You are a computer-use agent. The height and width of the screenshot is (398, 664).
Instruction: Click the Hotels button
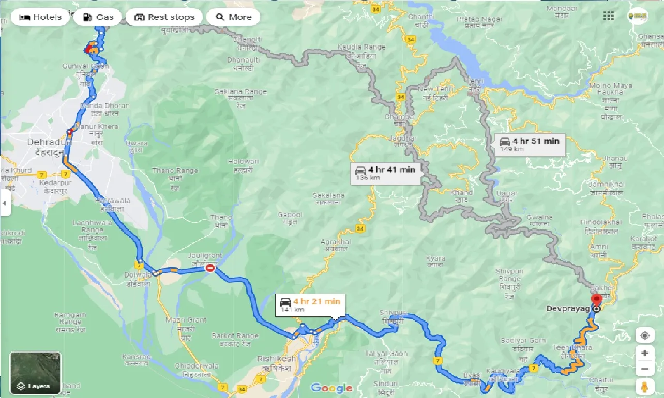40,17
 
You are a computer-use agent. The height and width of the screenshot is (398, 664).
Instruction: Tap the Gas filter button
97,17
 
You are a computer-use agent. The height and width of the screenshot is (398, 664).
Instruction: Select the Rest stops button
164,17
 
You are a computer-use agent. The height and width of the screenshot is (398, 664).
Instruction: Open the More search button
233,17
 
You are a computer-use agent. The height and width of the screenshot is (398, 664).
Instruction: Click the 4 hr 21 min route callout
309,305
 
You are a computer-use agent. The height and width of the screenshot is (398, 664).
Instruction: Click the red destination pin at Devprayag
597,300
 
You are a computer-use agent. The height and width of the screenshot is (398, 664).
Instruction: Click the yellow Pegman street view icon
645,387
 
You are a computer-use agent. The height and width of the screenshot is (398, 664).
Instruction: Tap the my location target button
645,335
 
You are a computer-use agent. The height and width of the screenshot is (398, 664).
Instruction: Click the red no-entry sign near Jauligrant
210,268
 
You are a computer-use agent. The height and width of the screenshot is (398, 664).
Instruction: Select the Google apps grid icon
608,16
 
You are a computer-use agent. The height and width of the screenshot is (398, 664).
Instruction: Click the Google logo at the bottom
331,388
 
